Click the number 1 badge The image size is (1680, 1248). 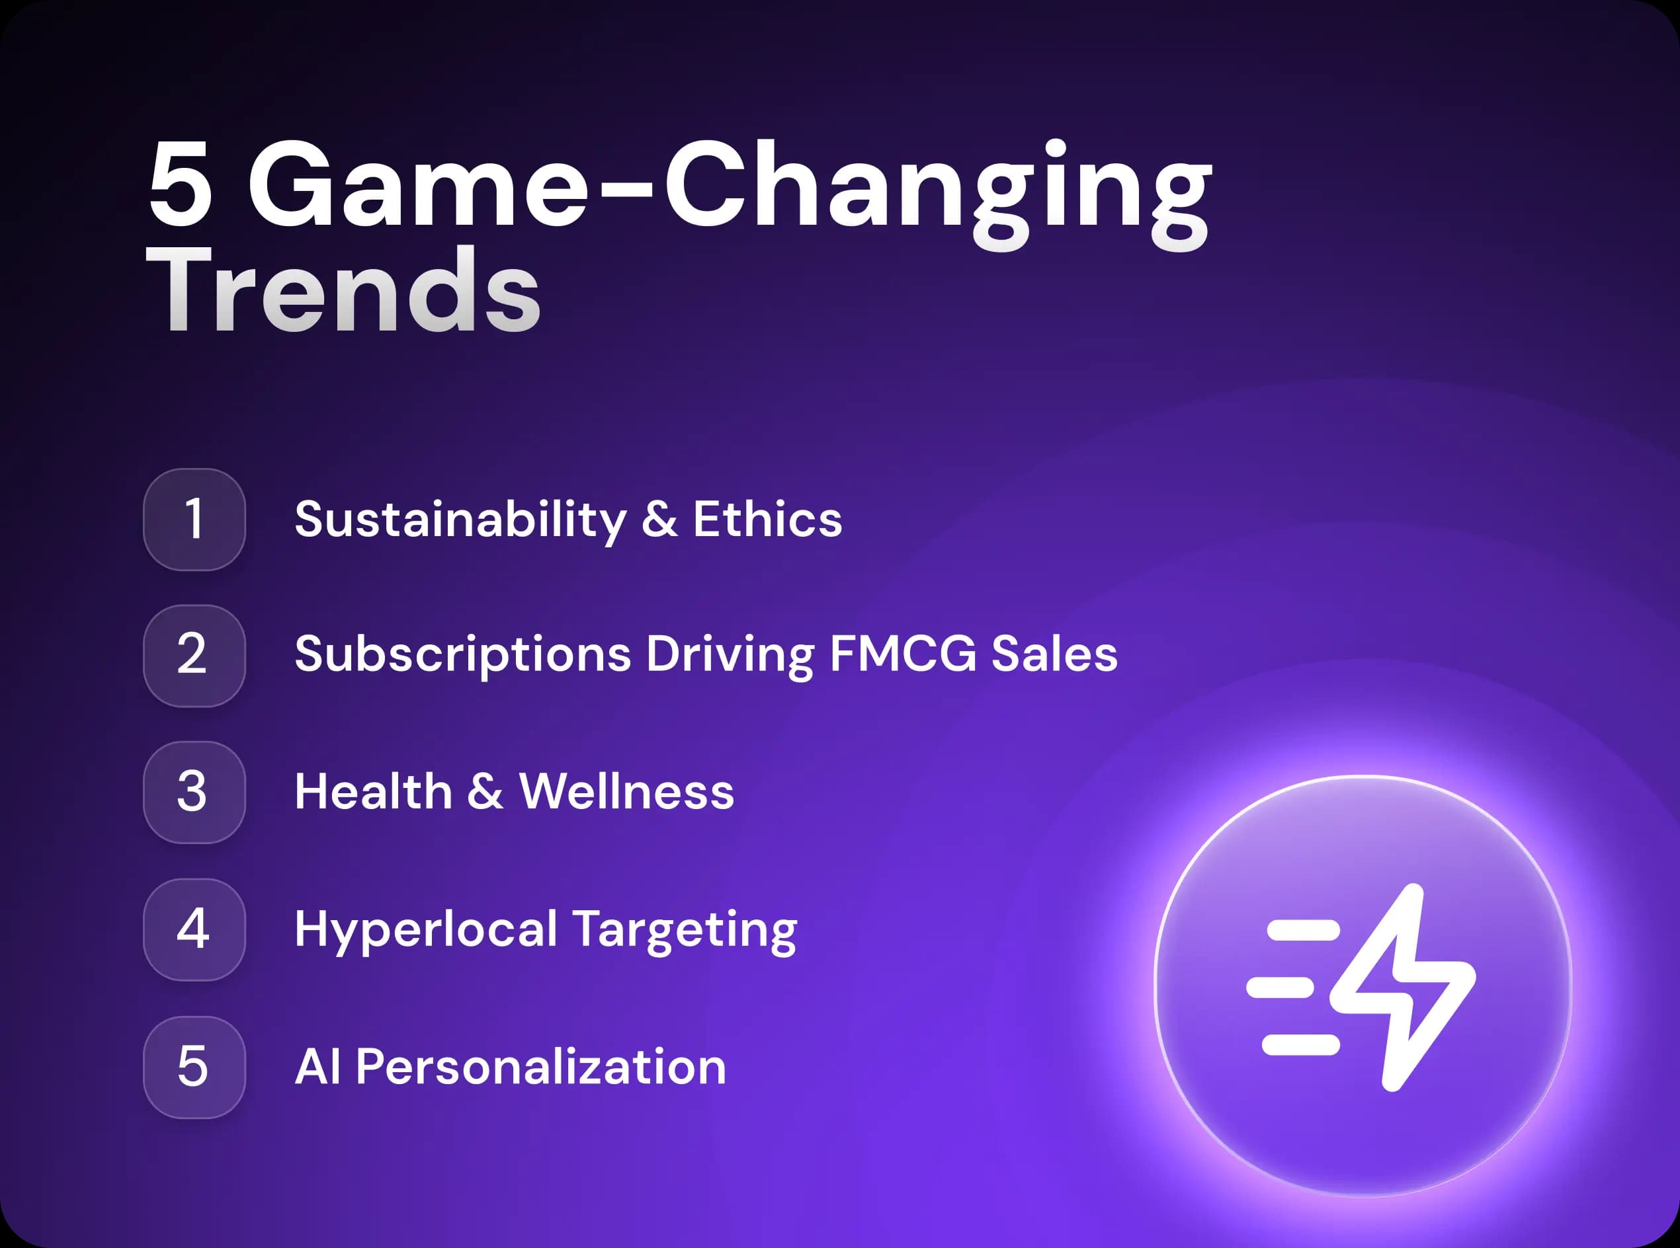194,520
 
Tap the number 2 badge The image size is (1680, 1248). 194,656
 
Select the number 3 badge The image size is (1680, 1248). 194,793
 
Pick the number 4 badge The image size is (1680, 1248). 194,930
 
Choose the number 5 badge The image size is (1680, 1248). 194,1068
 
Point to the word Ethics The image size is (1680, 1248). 767,519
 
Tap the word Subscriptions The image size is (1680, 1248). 462,655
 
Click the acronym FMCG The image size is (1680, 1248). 903,654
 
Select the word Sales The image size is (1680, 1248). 1054,654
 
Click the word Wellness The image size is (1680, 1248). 626,792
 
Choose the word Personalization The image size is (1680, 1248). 540,1067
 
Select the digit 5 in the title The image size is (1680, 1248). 180,183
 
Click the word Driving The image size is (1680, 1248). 730,655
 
